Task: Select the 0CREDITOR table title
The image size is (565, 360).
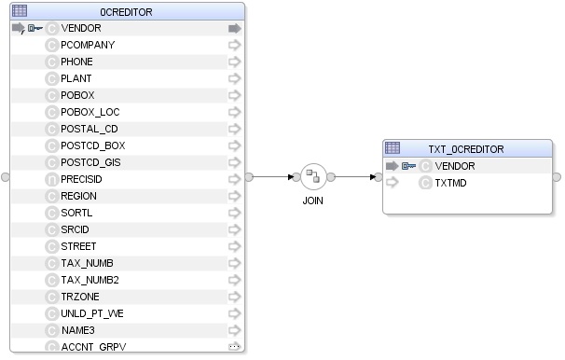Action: point(127,12)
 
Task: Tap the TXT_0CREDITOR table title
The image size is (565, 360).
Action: point(465,148)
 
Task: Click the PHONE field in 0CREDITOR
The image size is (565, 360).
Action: point(76,62)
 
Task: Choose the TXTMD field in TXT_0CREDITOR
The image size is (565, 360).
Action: point(450,183)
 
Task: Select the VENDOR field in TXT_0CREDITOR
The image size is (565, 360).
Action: point(454,166)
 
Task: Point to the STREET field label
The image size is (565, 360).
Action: point(78,246)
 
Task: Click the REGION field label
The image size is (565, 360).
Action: point(78,196)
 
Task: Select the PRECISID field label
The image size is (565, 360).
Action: point(81,179)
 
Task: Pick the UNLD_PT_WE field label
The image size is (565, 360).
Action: point(91,313)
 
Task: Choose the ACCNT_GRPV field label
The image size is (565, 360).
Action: point(92,347)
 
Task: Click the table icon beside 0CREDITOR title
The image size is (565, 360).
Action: point(20,11)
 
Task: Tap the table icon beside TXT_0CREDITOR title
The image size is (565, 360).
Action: point(393,148)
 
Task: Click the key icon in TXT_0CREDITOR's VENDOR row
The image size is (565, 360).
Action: point(408,166)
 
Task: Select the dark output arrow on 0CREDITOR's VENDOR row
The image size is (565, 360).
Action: point(234,28)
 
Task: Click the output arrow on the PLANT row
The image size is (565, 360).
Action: point(234,78)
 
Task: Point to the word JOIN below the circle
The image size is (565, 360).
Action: point(312,201)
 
